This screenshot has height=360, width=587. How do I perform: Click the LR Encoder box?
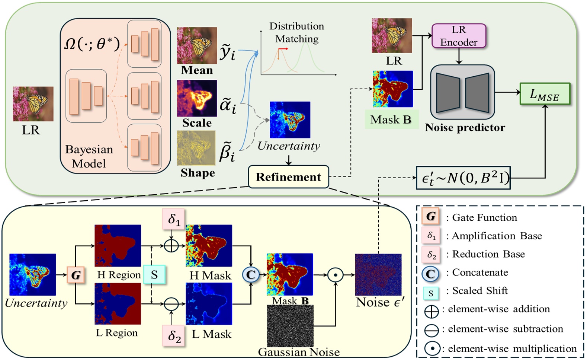459,36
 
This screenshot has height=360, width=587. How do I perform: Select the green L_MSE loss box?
545,94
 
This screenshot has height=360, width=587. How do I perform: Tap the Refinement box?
288,177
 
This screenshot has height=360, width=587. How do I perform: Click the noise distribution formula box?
463,178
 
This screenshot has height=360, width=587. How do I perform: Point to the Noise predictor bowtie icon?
462,93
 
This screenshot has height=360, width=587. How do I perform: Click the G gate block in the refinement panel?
76,275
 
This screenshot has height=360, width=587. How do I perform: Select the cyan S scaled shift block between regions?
154,275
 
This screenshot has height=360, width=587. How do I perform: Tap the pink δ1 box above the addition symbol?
173,219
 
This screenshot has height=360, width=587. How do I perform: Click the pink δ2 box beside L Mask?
174,335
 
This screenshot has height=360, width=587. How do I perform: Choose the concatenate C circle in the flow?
251,275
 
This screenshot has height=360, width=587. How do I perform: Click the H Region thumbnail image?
118,246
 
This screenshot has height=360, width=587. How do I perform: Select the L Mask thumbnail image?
209,304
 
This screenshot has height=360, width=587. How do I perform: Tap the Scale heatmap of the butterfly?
197,98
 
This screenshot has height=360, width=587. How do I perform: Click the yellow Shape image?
196,148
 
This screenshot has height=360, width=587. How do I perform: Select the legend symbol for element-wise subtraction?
432,330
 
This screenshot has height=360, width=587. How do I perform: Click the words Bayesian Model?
89,156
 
